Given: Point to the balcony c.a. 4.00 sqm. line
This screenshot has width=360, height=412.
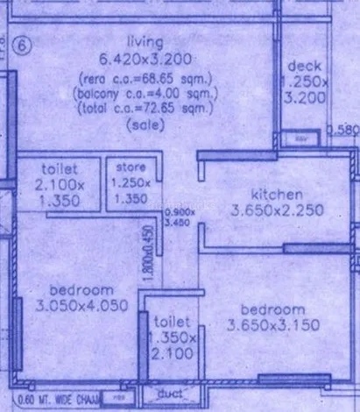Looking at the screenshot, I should point(143,95).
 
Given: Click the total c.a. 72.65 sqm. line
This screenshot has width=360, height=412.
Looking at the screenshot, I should point(145,110).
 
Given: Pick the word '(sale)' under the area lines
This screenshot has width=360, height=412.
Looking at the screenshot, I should point(143,124).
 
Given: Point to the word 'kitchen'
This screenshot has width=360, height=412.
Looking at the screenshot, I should point(277,193).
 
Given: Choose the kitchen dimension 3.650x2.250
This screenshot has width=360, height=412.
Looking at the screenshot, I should point(277,210).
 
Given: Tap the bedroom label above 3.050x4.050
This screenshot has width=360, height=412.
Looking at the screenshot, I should point(81,290).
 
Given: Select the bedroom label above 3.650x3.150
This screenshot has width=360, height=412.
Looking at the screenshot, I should point(272,309).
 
